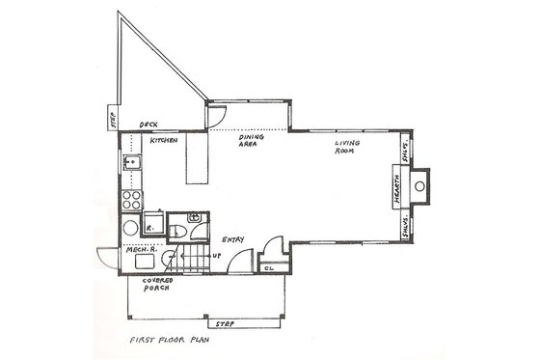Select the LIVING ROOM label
(x=347, y=148)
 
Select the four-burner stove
(x=131, y=202)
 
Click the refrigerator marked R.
(x=150, y=226)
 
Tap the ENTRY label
(x=233, y=238)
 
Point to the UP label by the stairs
(x=216, y=256)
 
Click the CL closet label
(x=271, y=266)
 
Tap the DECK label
(x=149, y=125)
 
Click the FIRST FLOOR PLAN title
(x=174, y=340)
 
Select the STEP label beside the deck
(x=112, y=120)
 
